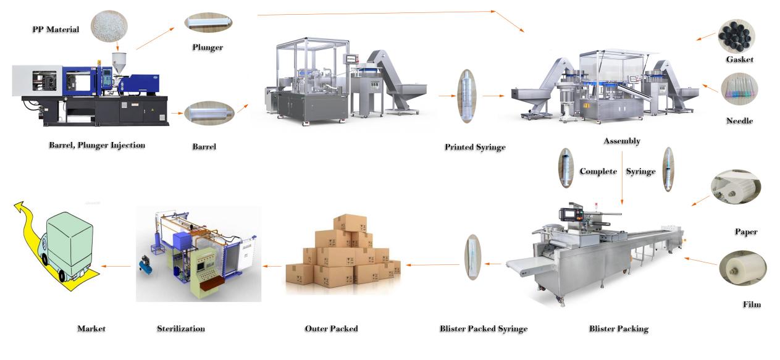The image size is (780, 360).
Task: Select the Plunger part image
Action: [208, 22]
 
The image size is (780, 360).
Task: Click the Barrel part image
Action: [209, 114]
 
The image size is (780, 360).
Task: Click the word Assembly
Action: [621, 141]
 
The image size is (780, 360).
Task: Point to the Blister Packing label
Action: [618, 329]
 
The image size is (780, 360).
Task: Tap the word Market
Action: [91, 329]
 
